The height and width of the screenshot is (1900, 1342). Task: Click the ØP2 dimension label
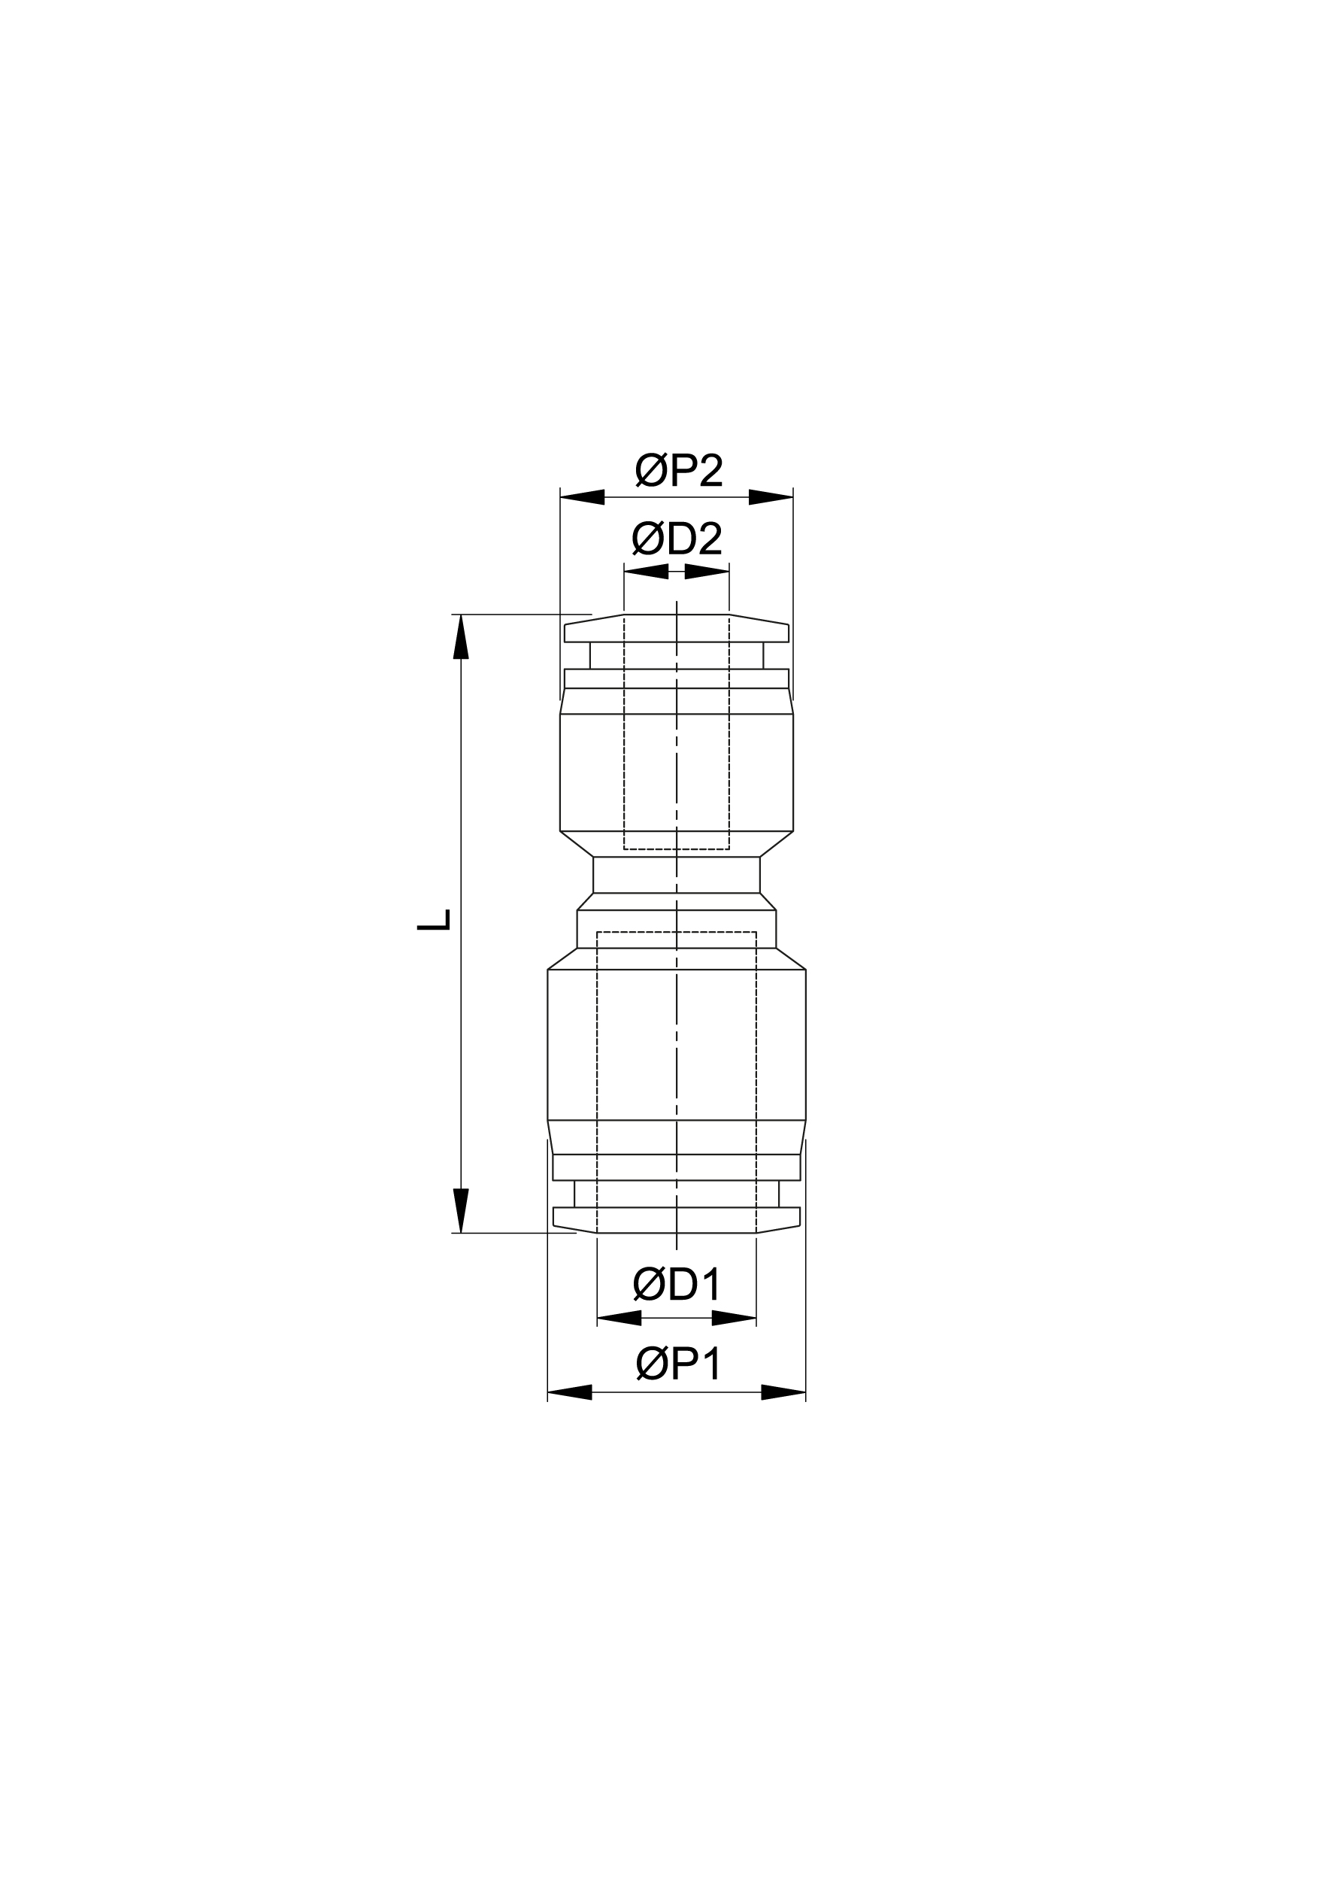678,472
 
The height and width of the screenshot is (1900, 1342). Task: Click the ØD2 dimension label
677,539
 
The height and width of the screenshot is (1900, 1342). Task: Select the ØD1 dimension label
677,1285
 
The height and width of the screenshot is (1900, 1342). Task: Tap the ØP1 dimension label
678,1364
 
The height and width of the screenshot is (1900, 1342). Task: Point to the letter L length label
434,919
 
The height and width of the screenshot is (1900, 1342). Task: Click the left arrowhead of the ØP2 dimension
583,497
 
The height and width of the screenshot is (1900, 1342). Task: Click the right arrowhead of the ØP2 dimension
771,497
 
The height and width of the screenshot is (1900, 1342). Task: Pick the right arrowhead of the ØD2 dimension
707,571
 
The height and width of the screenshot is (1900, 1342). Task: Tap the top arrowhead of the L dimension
461,637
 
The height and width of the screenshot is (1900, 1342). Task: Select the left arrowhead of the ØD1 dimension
619,1317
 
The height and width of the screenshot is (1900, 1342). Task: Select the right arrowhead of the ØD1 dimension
734,1317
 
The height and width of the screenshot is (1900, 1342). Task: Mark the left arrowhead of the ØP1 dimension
570,1392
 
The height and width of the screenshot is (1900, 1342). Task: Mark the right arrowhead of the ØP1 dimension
783,1392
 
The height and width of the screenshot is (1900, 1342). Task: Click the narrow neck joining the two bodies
677,875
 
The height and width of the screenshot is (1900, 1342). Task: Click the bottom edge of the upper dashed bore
677,849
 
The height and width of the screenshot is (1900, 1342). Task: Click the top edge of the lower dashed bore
677,933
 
